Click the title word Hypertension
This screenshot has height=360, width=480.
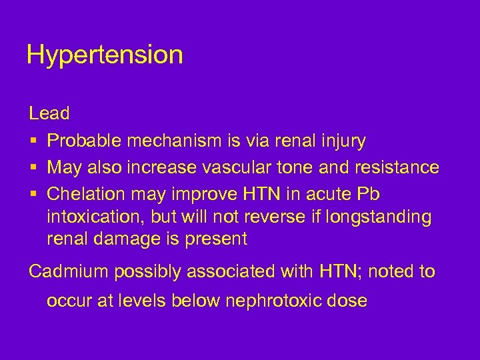105,55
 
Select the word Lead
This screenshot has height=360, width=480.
49,113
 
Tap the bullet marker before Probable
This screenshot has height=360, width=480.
33,141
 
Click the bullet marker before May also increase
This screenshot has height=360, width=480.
33,167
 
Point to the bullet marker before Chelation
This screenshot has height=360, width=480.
33,193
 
